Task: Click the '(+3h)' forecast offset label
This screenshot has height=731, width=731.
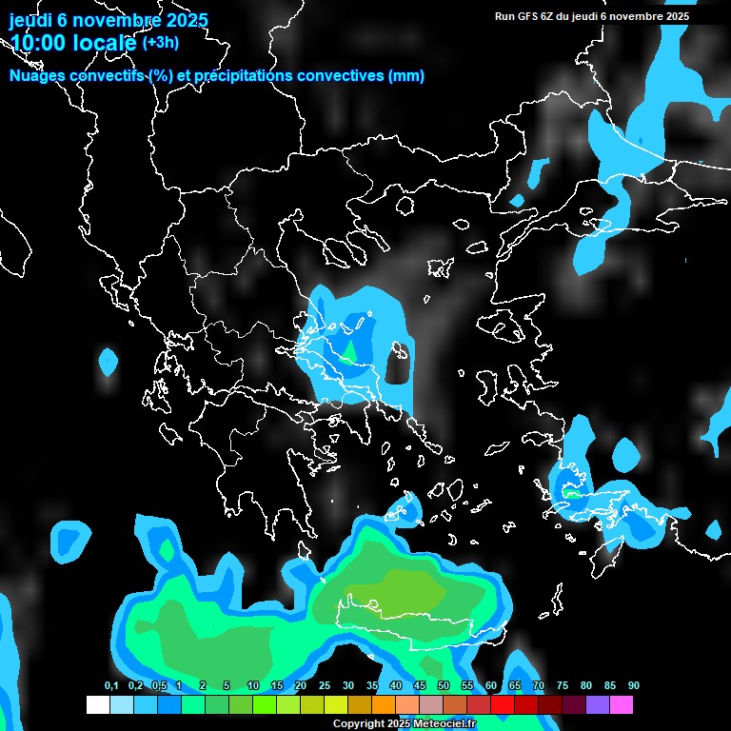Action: (x=160, y=42)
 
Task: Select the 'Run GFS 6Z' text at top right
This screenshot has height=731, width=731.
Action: (x=528, y=16)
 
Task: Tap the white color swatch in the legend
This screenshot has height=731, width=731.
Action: (x=97, y=704)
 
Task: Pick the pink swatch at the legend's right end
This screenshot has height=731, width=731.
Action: (x=622, y=704)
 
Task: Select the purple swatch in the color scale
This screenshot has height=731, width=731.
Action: (x=598, y=704)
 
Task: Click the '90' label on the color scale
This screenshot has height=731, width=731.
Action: (x=634, y=686)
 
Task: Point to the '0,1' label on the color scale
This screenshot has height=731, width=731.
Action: (x=111, y=686)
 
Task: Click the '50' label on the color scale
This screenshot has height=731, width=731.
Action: (x=444, y=686)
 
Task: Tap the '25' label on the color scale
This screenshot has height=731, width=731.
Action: (x=325, y=686)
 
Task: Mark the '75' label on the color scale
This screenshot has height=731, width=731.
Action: (x=563, y=686)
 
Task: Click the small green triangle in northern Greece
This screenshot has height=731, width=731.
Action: (x=350, y=353)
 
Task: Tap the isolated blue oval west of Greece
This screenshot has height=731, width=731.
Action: (x=109, y=361)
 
